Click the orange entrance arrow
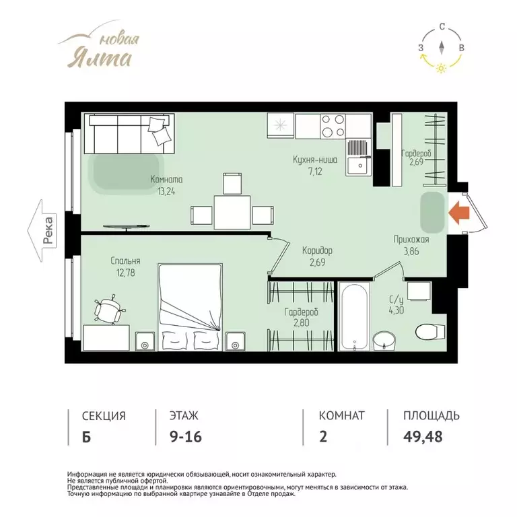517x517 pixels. point(459,213)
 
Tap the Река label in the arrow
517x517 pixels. point(48,230)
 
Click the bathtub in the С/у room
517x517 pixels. point(354,316)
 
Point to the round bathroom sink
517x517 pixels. point(384,340)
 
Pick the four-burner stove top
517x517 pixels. point(333,126)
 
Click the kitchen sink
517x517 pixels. point(358,157)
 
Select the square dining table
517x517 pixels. point(232,212)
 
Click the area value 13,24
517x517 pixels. point(166,192)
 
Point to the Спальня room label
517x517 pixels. point(125,261)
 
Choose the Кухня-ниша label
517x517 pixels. point(315,160)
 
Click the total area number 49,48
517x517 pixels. point(423,436)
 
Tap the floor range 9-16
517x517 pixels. point(186,437)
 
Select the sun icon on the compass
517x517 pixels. point(441,68)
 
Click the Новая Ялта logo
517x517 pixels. point(99,46)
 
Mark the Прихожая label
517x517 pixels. point(411,240)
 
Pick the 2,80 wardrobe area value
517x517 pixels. point(302,323)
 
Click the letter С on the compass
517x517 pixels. point(442,27)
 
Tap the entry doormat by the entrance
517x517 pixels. point(433,212)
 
